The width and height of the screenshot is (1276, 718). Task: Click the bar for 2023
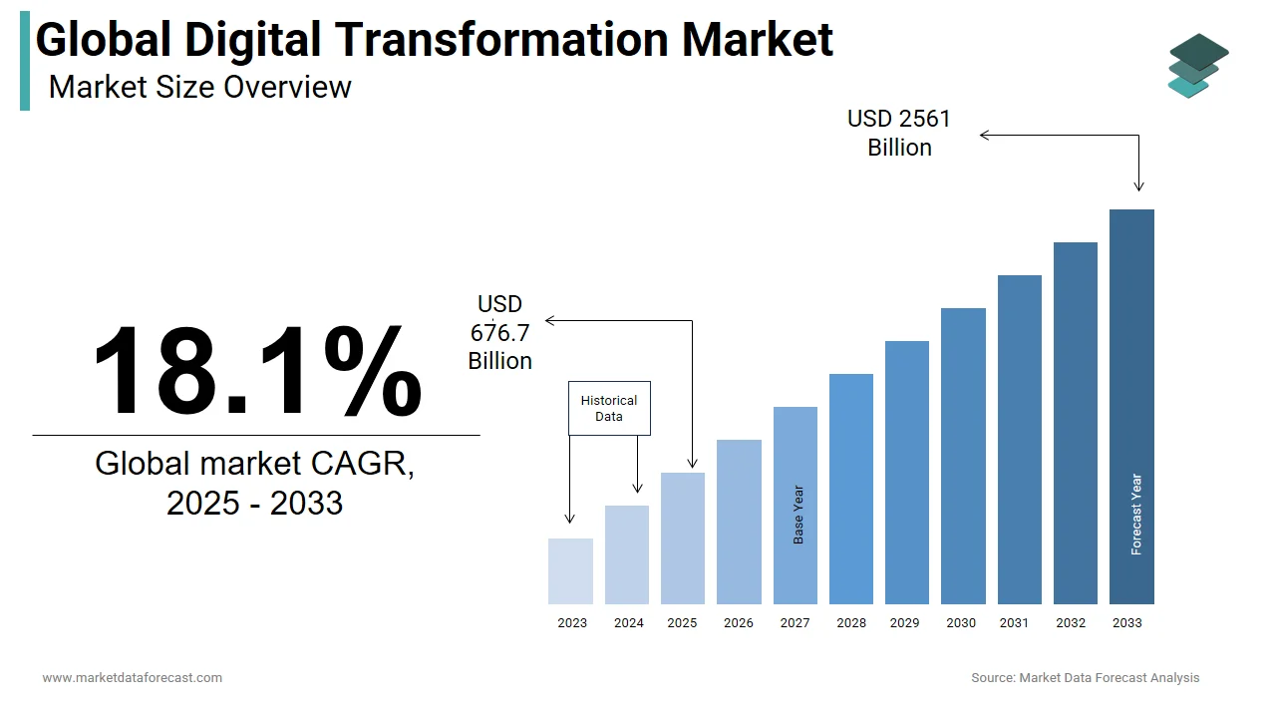pos(570,571)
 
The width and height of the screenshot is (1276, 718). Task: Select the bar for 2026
pos(739,522)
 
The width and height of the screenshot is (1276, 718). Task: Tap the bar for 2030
pos(963,456)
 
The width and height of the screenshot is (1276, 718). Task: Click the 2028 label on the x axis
pos(851,623)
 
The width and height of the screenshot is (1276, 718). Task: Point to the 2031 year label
pos(1014,623)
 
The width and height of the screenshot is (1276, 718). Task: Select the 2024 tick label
pos(628,623)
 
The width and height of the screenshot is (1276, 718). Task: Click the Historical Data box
pos(609,408)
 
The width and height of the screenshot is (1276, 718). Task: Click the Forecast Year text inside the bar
pos(1136,515)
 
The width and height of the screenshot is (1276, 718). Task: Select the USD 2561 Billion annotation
pos(899,133)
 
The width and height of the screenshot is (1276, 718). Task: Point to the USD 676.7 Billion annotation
pos(500,332)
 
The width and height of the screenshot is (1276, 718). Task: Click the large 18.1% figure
pos(257,370)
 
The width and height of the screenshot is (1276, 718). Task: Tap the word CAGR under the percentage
pos(362,464)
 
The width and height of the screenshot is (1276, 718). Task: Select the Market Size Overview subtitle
pos(200,88)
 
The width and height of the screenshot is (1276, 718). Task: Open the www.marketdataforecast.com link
pos(133,678)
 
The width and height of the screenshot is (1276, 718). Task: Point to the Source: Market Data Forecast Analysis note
pos(1086,678)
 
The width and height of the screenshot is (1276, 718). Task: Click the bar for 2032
pos(1076,423)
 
